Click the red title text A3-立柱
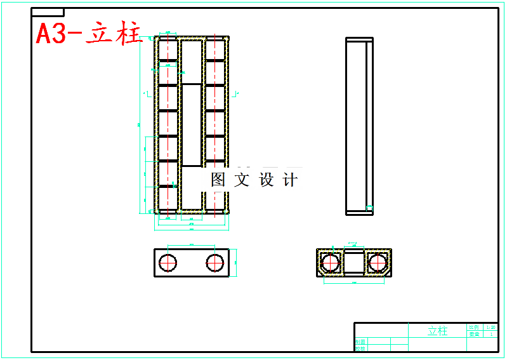click(x=88, y=34)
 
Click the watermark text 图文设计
click(x=254, y=180)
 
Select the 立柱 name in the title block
click(x=437, y=331)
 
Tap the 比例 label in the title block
click(x=474, y=326)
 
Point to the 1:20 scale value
click(x=491, y=326)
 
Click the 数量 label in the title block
click(x=474, y=333)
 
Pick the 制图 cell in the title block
click(x=360, y=342)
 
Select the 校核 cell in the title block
click(x=360, y=348)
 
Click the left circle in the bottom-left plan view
click(x=169, y=263)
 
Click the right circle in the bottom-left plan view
click(x=215, y=263)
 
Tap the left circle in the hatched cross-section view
click(x=330, y=262)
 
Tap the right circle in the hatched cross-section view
click(x=378, y=262)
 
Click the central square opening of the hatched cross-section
click(x=353, y=262)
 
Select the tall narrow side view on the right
click(x=359, y=126)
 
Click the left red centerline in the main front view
click(x=168, y=127)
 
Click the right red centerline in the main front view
click(x=215, y=127)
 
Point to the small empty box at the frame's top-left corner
click(x=48, y=12)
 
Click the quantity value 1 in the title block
click(x=491, y=333)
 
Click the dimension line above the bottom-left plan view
click(x=192, y=246)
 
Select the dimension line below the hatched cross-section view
click(x=353, y=283)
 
